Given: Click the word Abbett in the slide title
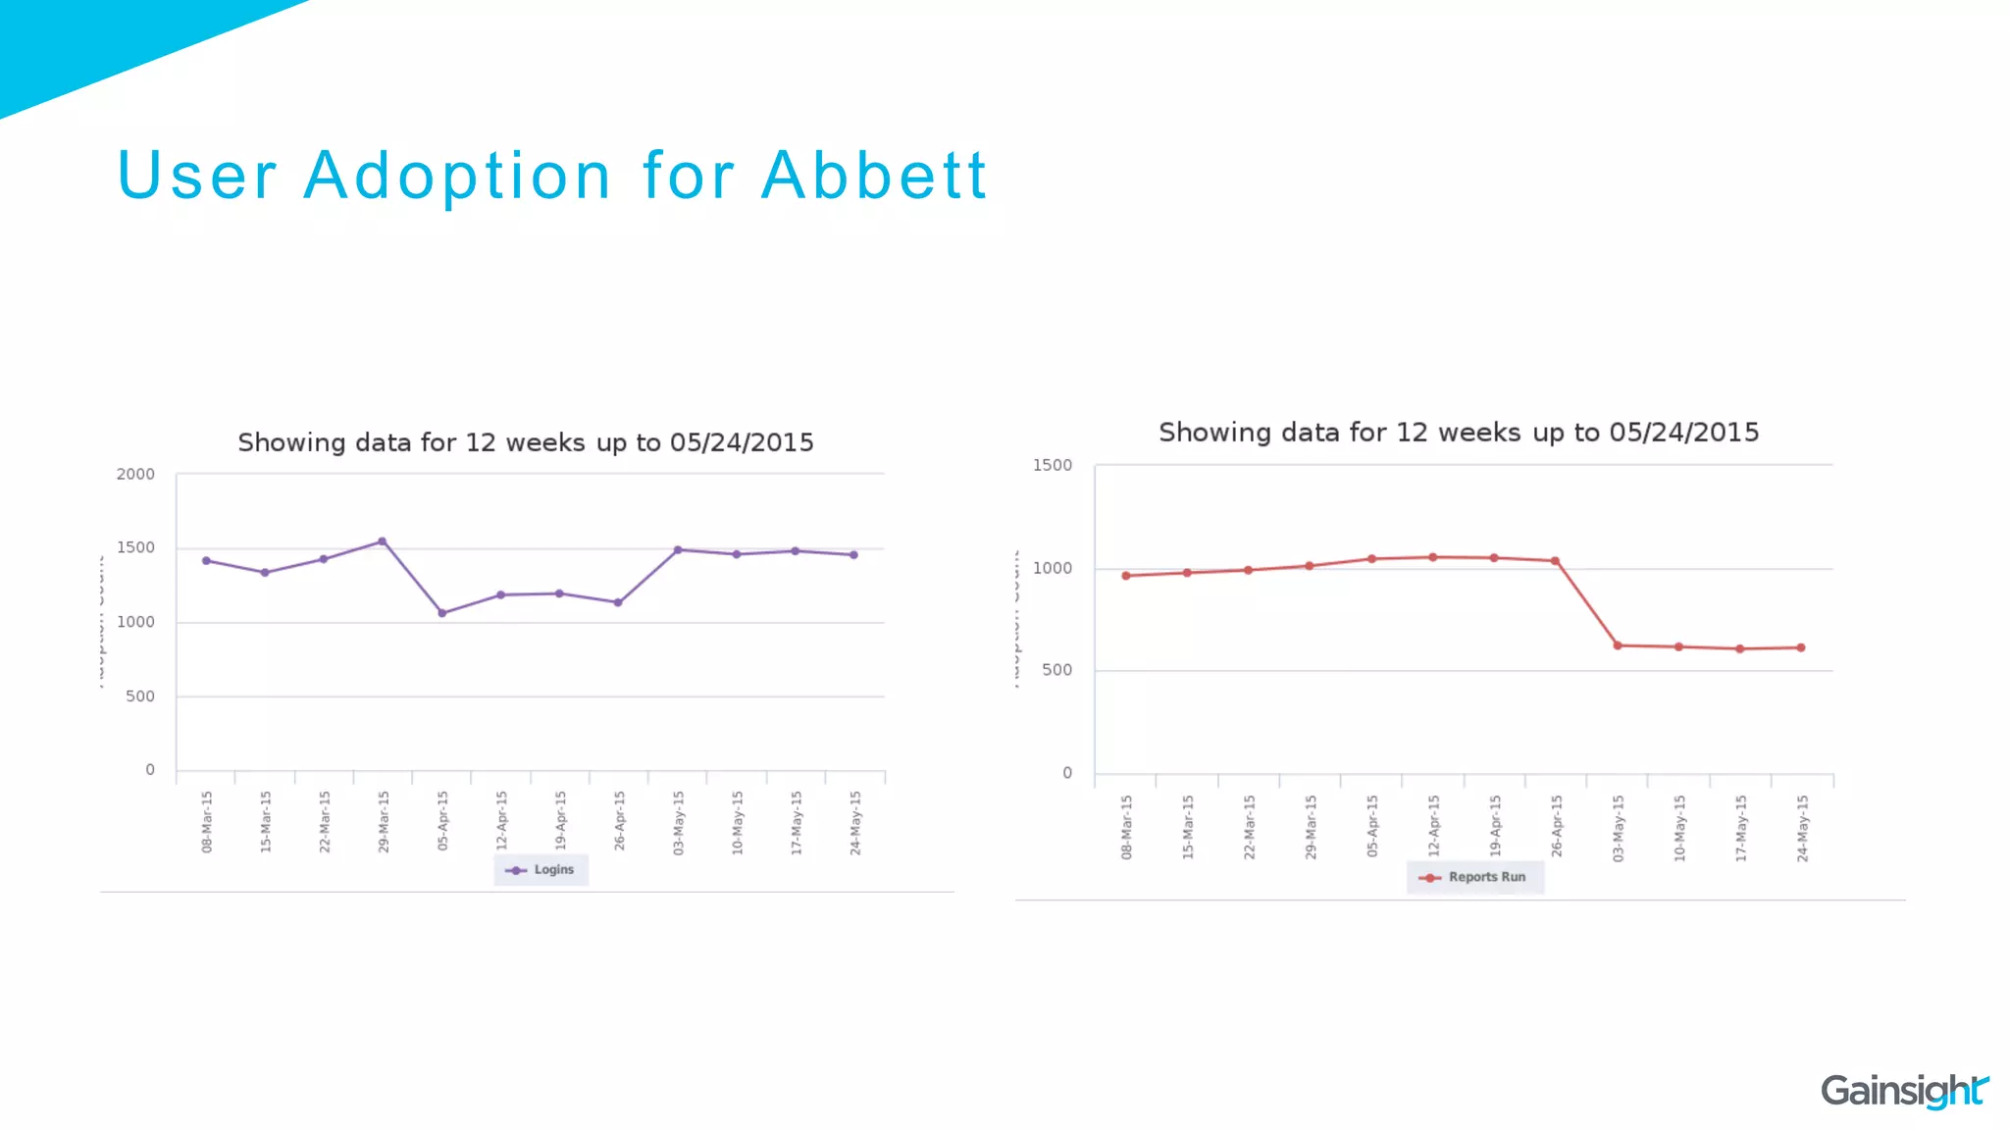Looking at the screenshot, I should [873, 177].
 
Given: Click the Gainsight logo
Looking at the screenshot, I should [1903, 1091].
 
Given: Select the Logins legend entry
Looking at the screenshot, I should [541, 870].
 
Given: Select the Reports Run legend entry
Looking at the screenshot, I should [1474, 877].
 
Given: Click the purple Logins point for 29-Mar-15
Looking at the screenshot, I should [383, 541].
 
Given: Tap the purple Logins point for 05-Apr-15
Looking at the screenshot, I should [441, 613].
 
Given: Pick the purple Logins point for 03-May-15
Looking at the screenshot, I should [678, 550].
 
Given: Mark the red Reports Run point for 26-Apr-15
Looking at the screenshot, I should [1556, 561].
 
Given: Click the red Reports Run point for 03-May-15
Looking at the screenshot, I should [1618, 645].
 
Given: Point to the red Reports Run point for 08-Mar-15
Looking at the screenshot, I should [1126, 576].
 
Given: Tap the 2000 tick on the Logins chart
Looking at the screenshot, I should [135, 475].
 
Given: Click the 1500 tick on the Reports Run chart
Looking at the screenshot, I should [1052, 465].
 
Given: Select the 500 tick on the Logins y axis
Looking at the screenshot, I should [140, 696].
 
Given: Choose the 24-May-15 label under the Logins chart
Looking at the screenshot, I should [855, 822].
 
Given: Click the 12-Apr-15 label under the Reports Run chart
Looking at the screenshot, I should [1434, 827].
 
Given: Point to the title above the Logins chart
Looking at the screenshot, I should [526, 443].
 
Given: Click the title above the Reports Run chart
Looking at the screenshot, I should [1459, 433].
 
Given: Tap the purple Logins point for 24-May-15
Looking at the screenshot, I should [853, 555].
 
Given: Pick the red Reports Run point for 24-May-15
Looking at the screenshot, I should [1801, 647].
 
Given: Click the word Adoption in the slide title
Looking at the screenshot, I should [458, 177].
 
